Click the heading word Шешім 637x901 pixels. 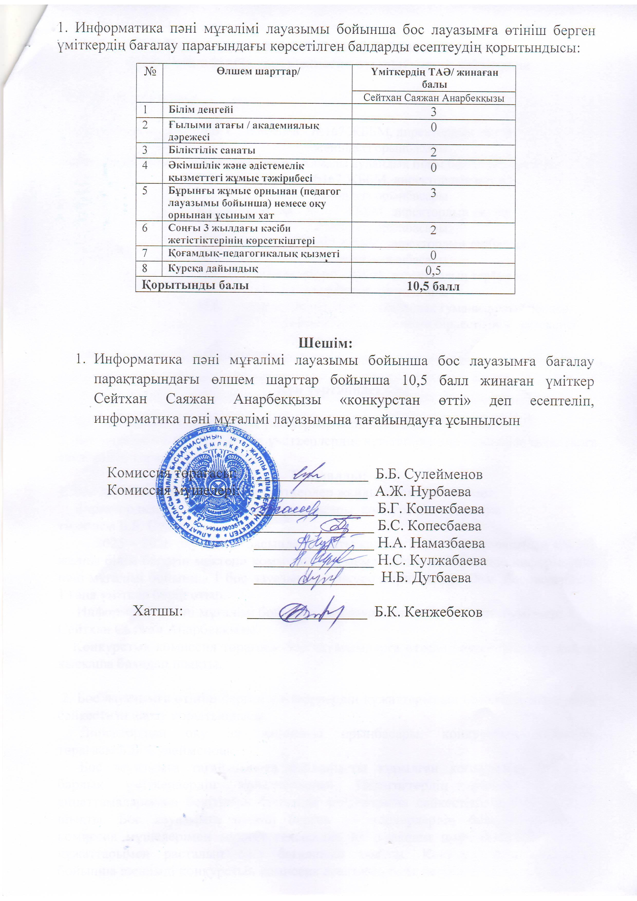pos(326,343)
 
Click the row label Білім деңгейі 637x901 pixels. pos(201,110)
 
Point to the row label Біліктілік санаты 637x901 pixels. pos(212,150)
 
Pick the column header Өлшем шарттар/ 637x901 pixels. pos(257,72)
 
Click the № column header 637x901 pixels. pos(148,72)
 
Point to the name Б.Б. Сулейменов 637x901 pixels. pos(429,474)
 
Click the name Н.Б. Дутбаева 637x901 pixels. pos(426,577)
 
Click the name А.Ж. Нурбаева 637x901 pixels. pos(423,491)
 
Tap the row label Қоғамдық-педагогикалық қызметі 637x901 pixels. pos(254,254)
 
